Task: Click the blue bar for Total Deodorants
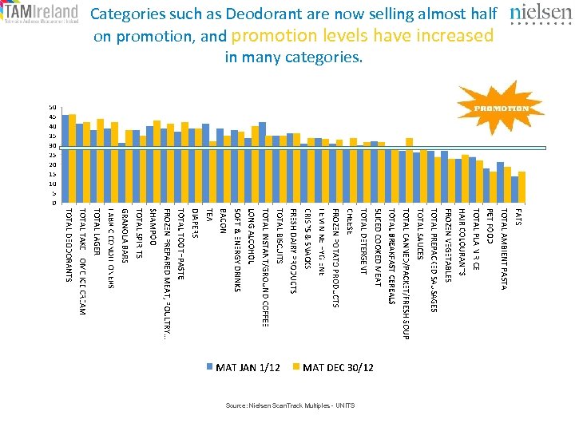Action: [65, 160]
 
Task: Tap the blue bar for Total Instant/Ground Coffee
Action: [262, 163]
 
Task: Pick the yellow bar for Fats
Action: [521, 187]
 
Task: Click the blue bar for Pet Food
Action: [486, 185]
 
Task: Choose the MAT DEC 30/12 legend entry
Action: [331, 366]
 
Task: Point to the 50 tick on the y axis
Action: [53, 107]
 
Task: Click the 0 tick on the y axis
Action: [54, 203]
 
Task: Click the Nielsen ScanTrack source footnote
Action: [290, 406]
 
